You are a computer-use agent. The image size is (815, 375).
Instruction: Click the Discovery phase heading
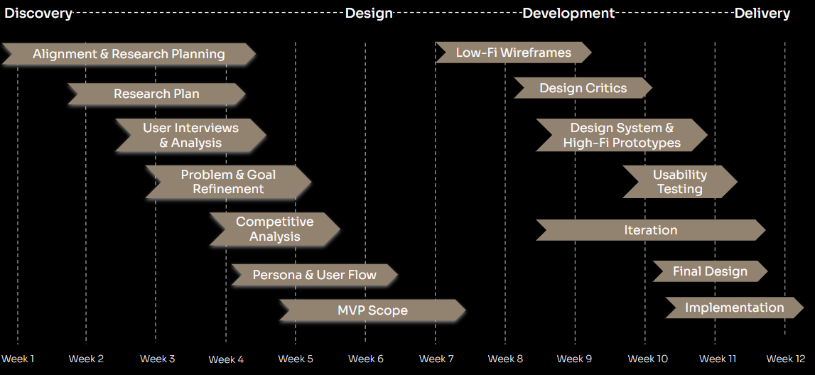click(38, 13)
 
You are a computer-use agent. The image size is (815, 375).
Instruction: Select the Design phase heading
click(369, 13)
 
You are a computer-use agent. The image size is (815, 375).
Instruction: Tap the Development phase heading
click(568, 13)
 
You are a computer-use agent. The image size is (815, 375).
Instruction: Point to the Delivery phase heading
click(762, 13)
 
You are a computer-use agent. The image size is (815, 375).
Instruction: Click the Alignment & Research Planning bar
click(129, 54)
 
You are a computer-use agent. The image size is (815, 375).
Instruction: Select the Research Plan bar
click(156, 94)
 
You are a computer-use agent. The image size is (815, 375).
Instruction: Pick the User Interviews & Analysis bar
click(190, 135)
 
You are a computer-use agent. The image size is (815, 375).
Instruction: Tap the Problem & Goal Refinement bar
click(228, 182)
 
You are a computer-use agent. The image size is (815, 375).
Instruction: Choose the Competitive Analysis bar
click(274, 229)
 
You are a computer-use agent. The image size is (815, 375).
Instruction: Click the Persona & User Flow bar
click(314, 275)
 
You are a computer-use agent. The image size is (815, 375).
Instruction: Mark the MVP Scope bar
click(372, 310)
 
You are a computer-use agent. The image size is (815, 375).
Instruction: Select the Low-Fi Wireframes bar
click(513, 53)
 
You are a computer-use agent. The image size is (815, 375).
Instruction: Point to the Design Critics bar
click(583, 88)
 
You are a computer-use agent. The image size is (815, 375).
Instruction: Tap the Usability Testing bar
click(680, 182)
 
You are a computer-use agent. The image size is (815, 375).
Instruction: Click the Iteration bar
click(650, 230)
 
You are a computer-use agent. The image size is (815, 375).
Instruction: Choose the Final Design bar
click(710, 271)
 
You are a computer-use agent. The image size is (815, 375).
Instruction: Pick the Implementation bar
click(734, 308)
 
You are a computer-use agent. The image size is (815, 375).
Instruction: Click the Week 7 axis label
click(436, 359)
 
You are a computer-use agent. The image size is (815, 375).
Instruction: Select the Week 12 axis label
click(786, 359)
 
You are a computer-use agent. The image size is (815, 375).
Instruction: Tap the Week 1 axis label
click(18, 359)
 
